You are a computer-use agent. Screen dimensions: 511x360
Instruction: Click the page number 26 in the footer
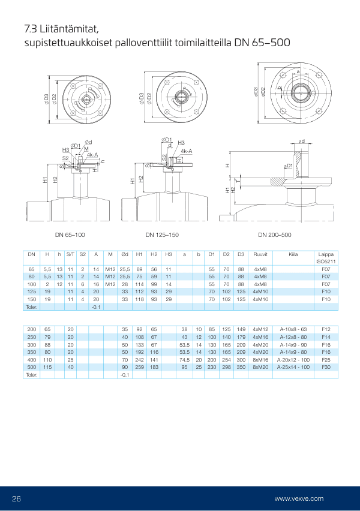(x=17, y=498)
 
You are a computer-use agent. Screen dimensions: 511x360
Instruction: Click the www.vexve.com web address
(x=299, y=498)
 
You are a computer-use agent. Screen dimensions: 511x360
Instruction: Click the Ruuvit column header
(x=260, y=255)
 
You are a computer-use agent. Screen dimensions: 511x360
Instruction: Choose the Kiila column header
(x=293, y=255)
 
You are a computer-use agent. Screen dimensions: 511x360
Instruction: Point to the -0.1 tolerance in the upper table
(x=95, y=306)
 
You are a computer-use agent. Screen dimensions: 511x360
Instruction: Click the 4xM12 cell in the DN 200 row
(x=260, y=329)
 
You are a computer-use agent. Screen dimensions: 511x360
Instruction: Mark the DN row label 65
(x=32, y=270)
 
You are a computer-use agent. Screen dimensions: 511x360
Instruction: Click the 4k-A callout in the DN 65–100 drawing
(x=92, y=155)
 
